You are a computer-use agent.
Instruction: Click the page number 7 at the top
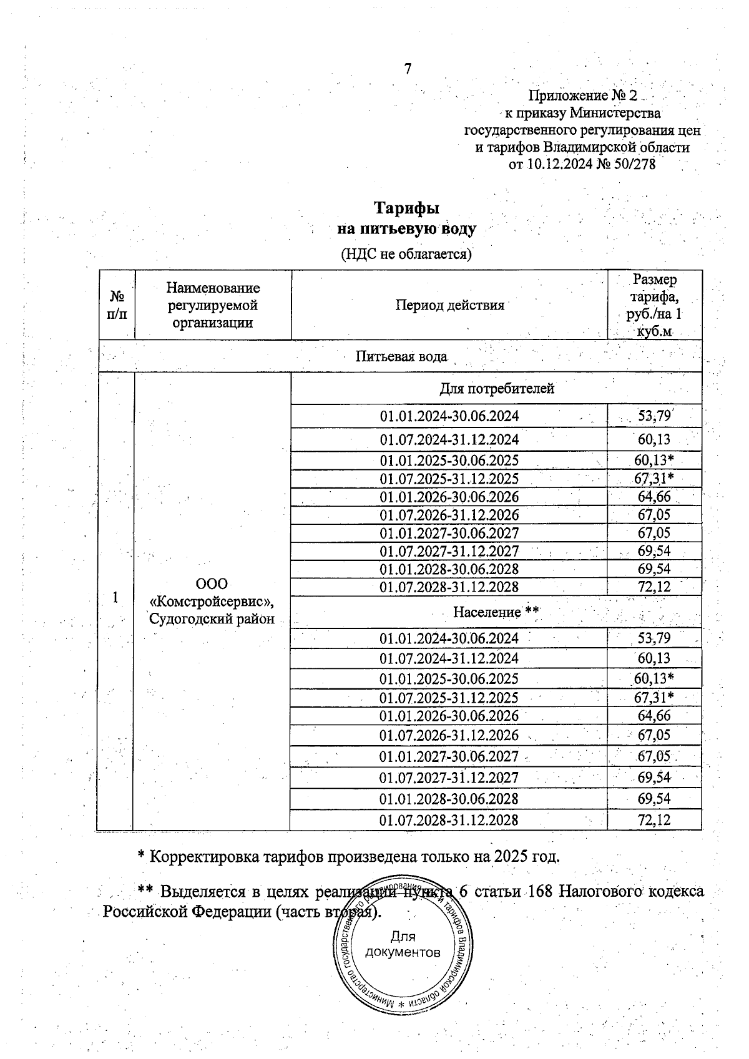tap(408, 69)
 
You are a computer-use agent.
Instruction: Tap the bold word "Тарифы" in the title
tap(406, 208)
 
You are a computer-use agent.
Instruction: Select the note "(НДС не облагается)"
tap(406, 254)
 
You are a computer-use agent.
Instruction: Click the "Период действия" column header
tap(449, 305)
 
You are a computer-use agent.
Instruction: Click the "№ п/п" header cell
tap(116, 305)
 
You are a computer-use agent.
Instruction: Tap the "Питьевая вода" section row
tap(401, 357)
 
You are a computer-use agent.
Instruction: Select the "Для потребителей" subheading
tap(497, 389)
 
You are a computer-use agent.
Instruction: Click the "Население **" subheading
tap(496, 612)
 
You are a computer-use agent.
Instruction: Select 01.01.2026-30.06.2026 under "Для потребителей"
tap(449, 497)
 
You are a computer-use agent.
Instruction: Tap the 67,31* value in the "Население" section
tap(655, 697)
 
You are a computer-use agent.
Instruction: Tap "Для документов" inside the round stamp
tap(403, 944)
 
